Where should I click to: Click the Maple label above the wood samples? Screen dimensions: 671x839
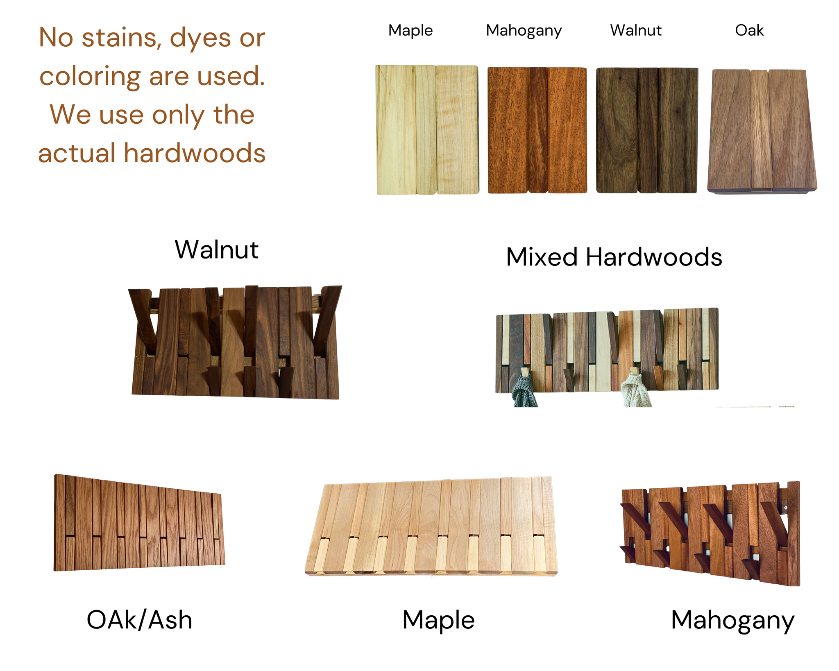410,30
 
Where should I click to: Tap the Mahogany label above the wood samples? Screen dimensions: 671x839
524,31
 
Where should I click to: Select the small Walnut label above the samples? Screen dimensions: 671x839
635,30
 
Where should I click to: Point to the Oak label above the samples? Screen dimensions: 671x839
749,30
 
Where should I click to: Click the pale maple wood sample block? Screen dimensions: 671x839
427,129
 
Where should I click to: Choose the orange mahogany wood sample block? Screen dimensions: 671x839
537,130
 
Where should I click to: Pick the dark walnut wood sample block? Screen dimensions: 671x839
646,130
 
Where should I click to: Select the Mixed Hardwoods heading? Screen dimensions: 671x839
614,257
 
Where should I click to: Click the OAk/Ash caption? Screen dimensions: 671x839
139,619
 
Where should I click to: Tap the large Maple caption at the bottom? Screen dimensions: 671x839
438,619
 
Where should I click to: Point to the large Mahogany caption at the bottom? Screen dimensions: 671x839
732,620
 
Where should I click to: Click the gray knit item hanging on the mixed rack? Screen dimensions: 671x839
524,391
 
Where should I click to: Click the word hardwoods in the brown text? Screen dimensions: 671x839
195,153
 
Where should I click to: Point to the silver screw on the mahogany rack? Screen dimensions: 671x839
786,508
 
